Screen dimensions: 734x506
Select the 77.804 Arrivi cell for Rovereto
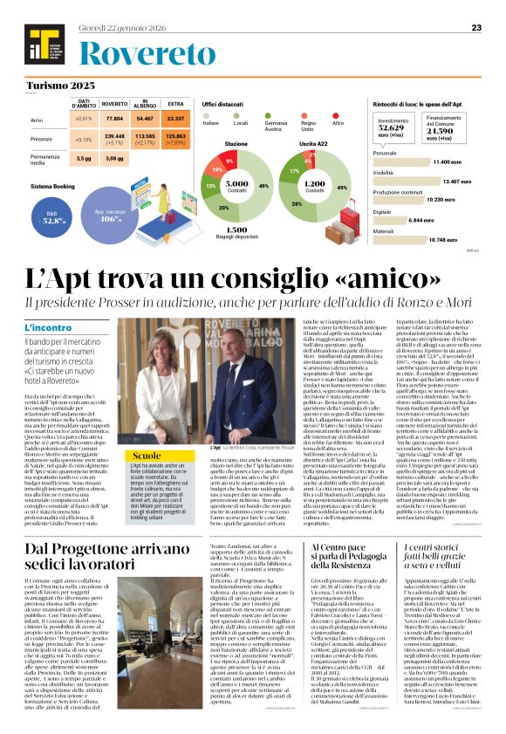114,118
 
